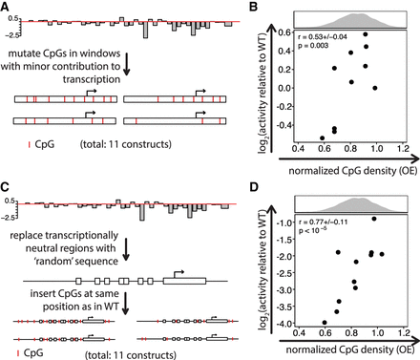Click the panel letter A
(7, 8)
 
